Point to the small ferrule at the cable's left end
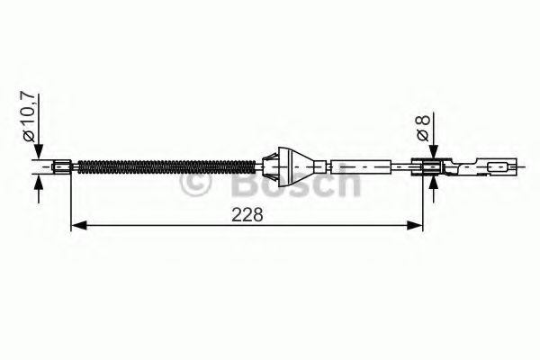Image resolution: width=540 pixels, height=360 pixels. point(63,166)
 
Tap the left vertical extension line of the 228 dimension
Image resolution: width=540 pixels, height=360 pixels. point(71,202)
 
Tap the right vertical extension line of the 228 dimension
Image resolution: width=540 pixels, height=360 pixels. point(423,202)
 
